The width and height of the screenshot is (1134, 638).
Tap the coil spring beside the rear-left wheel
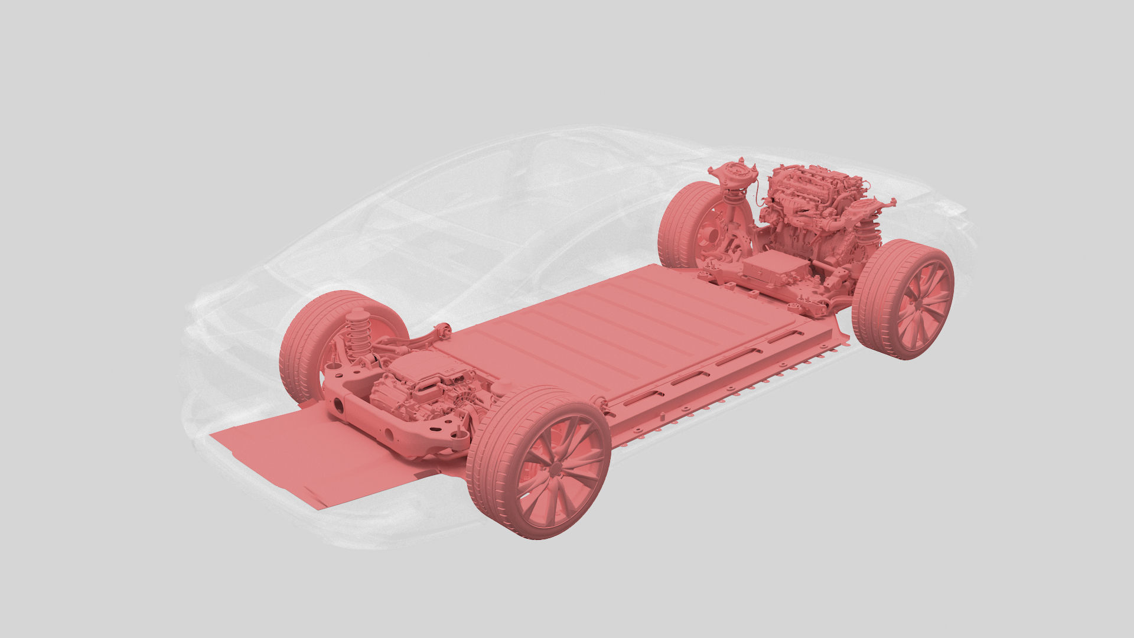(357, 336)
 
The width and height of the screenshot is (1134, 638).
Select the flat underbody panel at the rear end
(307, 455)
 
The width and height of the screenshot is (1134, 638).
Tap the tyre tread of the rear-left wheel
(295, 349)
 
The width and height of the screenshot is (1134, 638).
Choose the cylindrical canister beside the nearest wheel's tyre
(505, 387)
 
